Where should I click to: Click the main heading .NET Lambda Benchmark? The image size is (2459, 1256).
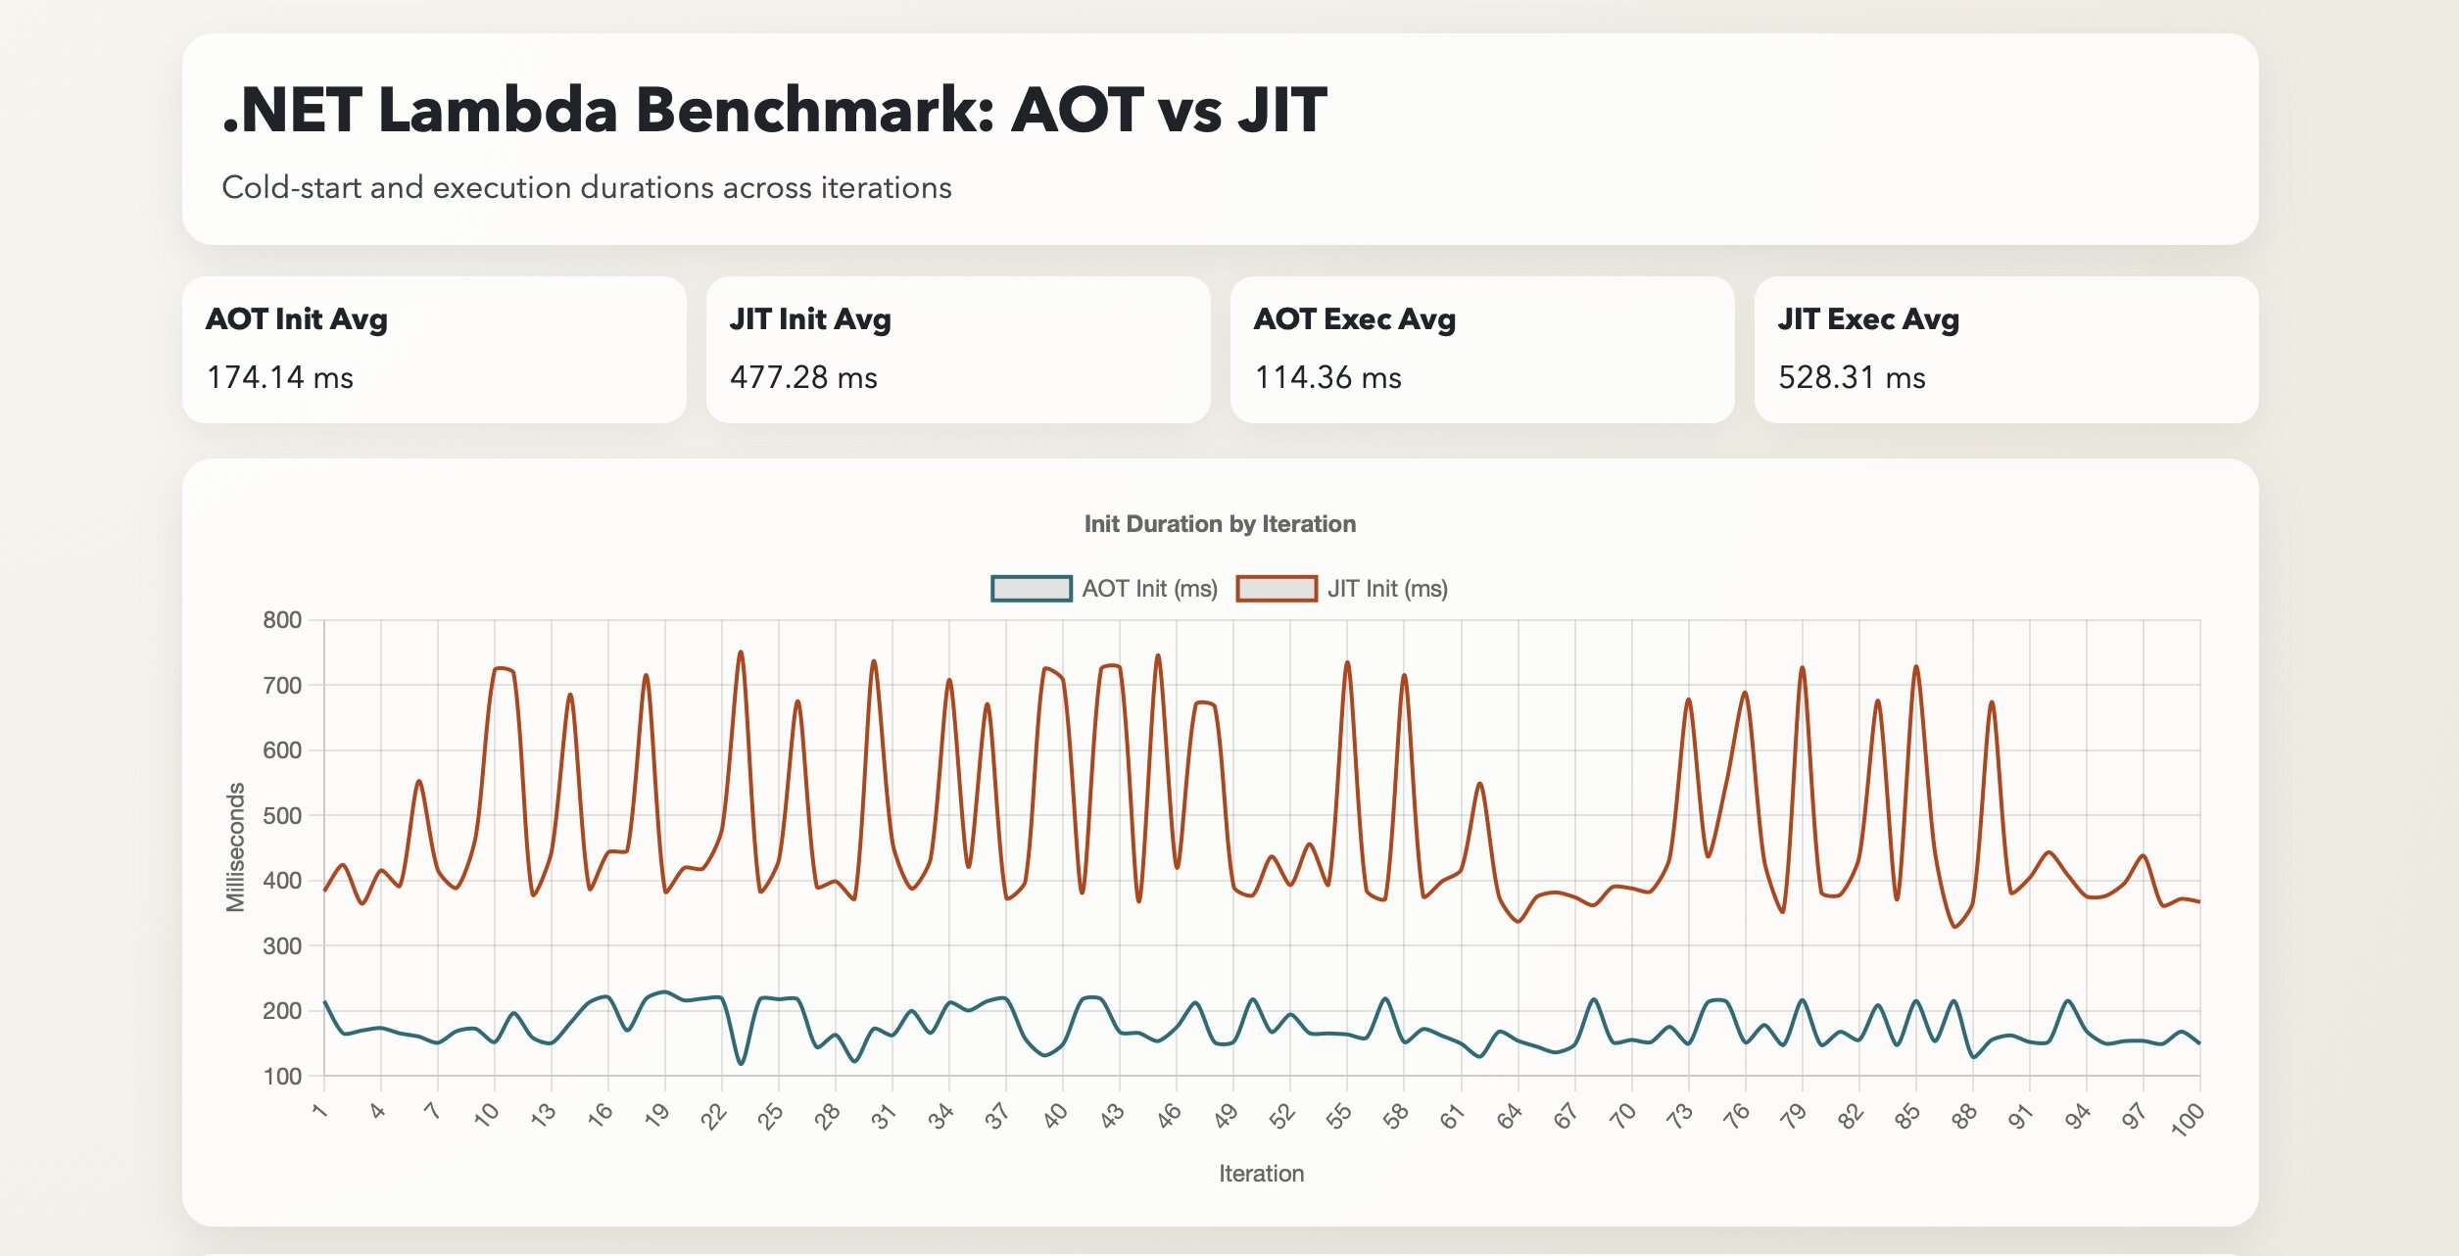pos(774,110)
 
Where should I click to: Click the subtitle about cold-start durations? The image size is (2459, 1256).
pos(586,187)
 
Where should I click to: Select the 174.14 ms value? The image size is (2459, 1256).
pos(279,377)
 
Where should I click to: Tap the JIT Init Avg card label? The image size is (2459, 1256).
pos(809,319)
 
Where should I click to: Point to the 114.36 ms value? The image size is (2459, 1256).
pos(1327,377)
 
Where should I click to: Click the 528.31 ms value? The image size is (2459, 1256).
pos(1851,377)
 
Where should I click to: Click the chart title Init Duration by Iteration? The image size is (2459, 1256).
pos(1219,524)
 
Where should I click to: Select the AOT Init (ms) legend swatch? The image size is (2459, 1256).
pos(1031,589)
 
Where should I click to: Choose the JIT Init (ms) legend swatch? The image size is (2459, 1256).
pos(1276,589)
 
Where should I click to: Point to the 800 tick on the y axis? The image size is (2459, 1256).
pos(282,620)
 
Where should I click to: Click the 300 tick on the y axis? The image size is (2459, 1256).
pos(282,946)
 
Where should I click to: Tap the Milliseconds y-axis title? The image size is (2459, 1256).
pos(235,847)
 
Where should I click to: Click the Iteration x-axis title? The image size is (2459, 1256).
pos(1261,1174)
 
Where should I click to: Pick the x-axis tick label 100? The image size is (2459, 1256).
pos(2187,1118)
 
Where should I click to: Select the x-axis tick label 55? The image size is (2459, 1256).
pos(1338,1116)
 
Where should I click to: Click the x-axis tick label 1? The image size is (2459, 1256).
pos(319,1110)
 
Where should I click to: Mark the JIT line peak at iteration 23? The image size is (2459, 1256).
pos(741,652)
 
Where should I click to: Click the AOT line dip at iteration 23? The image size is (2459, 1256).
pos(741,1064)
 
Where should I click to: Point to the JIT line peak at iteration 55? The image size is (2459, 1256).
pos(1347,662)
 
